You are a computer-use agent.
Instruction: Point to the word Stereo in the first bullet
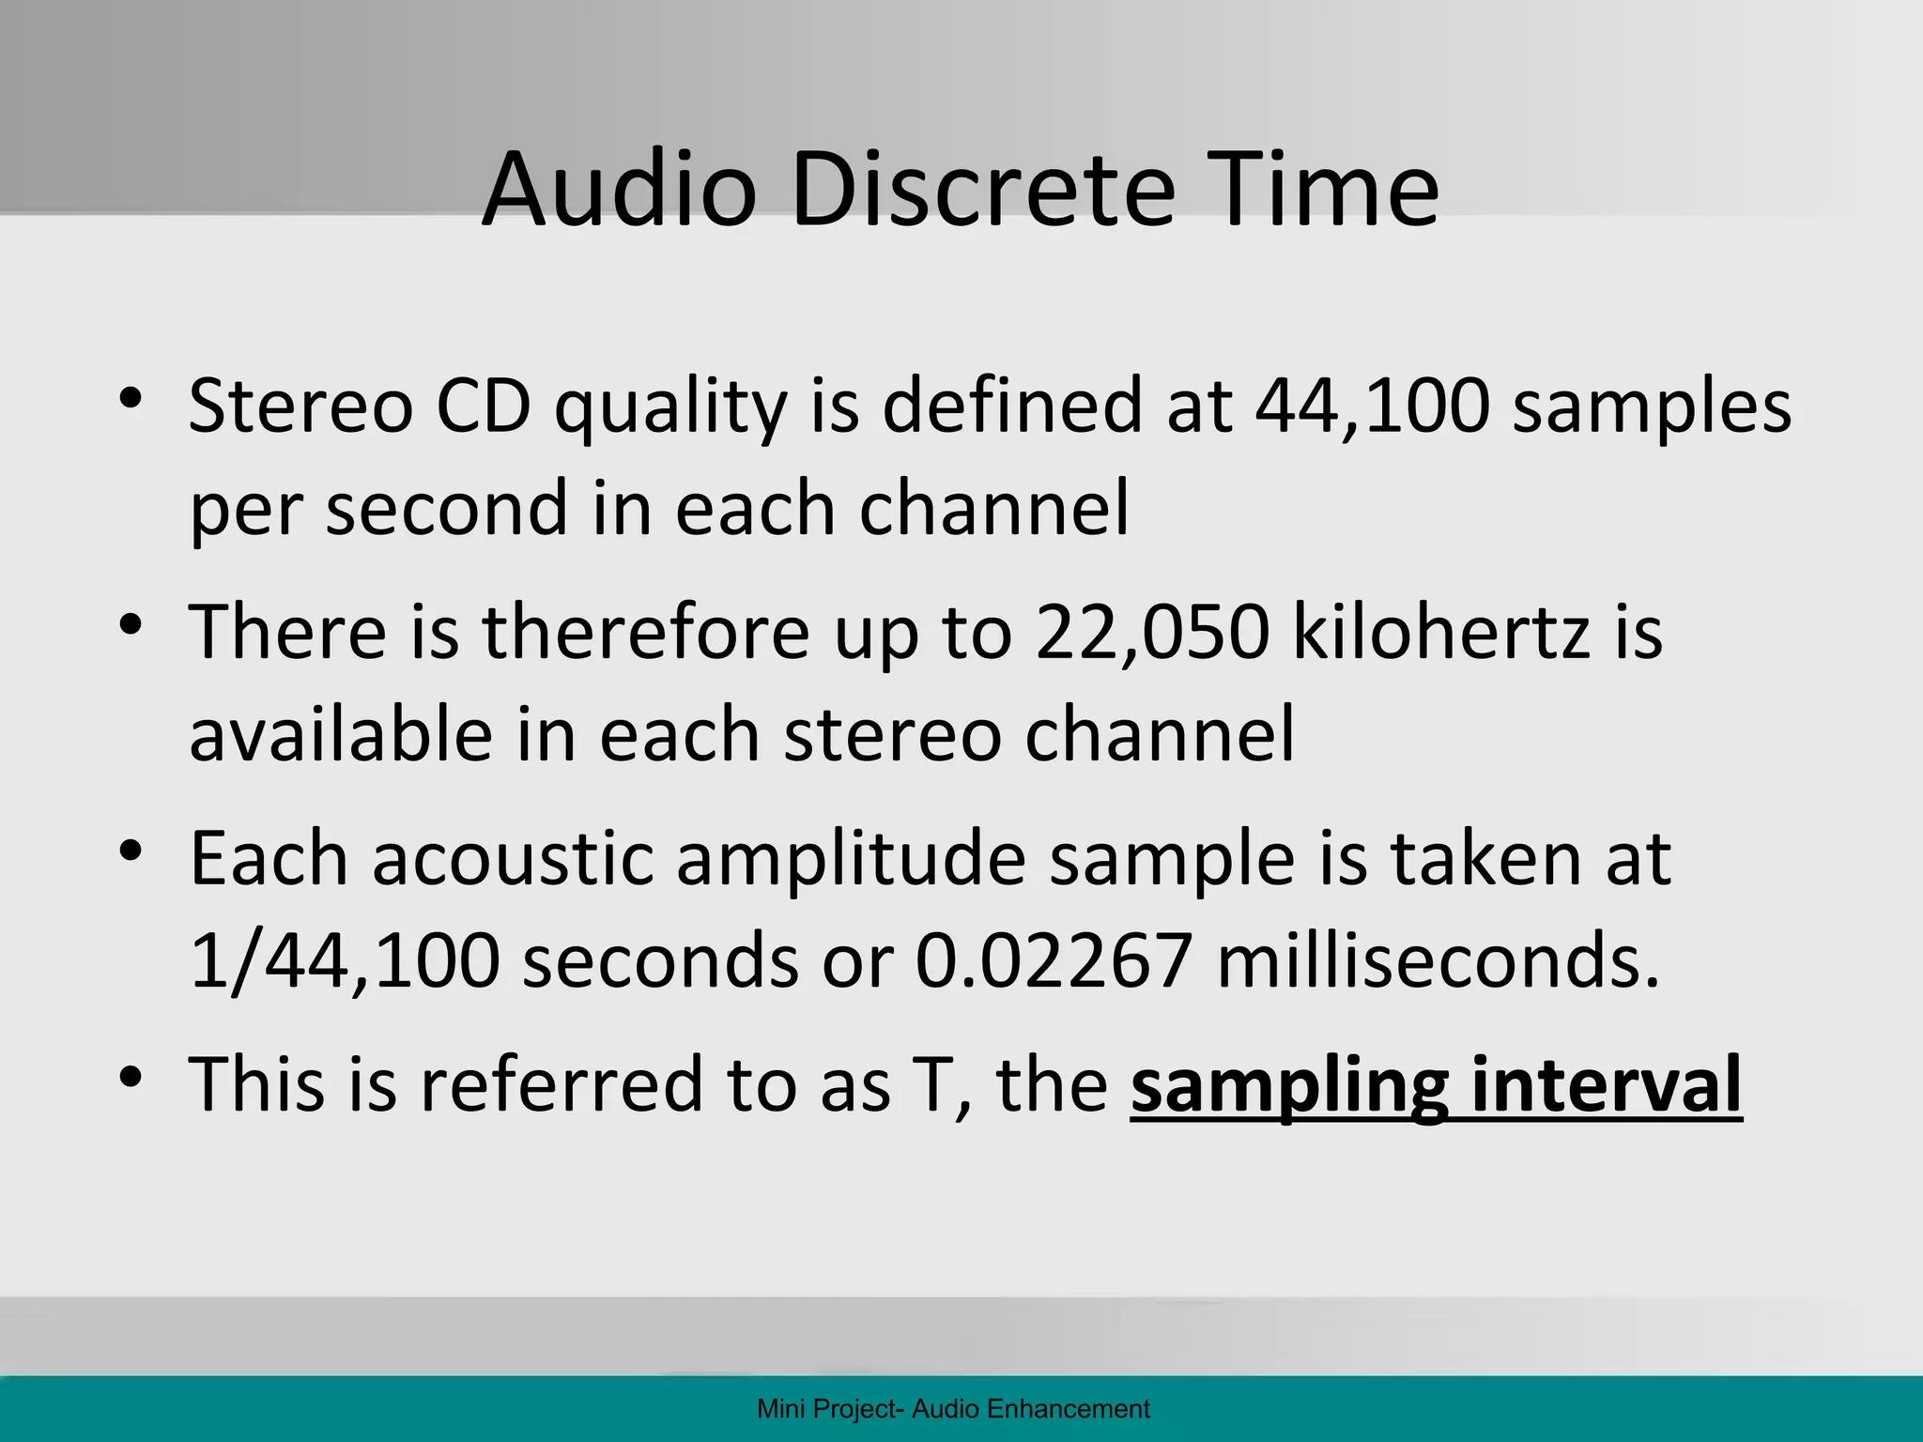pos(300,407)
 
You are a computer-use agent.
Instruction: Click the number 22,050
pos(1152,632)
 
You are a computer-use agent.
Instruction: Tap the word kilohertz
pos(1441,632)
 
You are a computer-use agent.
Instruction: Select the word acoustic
pos(513,858)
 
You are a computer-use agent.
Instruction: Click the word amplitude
pos(851,858)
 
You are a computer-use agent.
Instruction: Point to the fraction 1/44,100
pos(344,961)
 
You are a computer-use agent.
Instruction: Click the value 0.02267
pos(1054,961)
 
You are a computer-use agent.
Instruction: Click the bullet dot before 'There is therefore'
pos(131,625)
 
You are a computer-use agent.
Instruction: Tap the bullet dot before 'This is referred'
pos(131,1076)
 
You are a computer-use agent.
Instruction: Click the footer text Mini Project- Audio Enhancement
pos(953,1408)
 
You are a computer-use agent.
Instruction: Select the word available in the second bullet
pos(341,734)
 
